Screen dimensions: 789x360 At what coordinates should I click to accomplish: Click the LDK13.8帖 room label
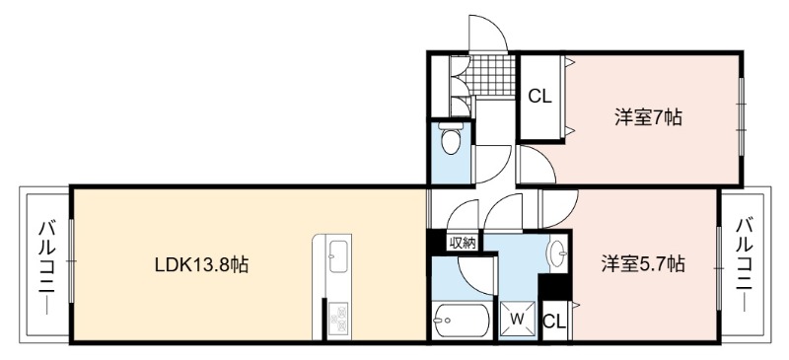click(x=201, y=265)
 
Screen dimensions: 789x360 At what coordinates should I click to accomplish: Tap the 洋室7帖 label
click(x=648, y=117)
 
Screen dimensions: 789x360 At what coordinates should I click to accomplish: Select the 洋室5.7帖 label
click(x=643, y=263)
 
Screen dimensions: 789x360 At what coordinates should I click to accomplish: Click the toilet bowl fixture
click(x=451, y=138)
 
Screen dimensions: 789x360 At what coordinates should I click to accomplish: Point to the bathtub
click(x=462, y=320)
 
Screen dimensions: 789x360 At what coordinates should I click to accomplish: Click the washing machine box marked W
click(x=517, y=319)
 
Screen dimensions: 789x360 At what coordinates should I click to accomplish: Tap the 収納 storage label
click(x=462, y=244)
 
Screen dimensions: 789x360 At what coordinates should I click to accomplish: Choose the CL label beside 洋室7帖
click(x=539, y=97)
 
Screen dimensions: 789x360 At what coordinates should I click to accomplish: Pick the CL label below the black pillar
click(x=554, y=322)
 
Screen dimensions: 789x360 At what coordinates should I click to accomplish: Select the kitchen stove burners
click(x=338, y=319)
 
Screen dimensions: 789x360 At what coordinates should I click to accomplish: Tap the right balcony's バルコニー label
click(x=746, y=263)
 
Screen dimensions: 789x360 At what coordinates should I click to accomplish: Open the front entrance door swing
click(x=487, y=33)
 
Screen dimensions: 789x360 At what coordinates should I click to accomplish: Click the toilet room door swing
click(x=493, y=164)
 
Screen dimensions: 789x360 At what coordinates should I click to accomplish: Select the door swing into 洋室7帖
click(x=538, y=165)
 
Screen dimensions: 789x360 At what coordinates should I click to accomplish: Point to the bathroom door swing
click(x=477, y=275)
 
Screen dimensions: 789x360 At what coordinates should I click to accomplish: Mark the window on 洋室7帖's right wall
click(x=742, y=117)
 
